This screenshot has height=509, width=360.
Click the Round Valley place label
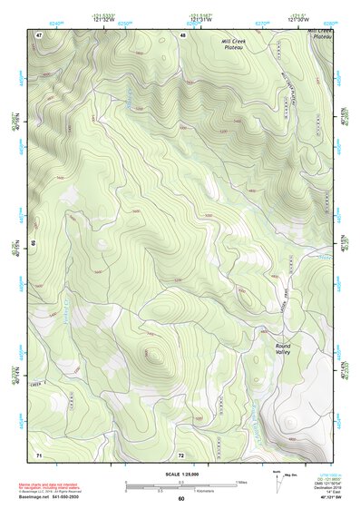click(x=289, y=349)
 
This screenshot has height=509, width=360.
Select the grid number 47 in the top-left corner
click(x=39, y=34)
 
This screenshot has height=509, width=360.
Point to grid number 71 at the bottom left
click(x=39, y=454)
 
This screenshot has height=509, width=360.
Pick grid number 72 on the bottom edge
click(x=181, y=454)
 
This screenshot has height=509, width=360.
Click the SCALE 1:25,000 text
click(x=180, y=475)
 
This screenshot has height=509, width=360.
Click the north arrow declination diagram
click(x=277, y=477)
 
